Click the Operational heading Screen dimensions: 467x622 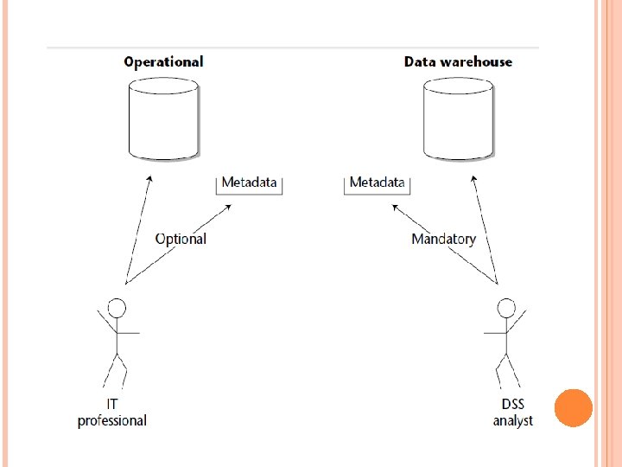pyautogui.click(x=163, y=62)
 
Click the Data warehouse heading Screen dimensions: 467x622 pyautogui.click(x=458, y=62)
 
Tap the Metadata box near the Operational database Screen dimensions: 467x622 pyautogui.click(x=249, y=182)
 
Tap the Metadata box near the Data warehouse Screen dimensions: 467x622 pyautogui.click(x=377, y=182)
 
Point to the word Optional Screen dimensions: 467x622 pyautogui.click(x=181, y=239)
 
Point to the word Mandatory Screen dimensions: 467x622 pyautogui.click(x=443, y=239)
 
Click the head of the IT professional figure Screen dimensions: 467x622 pyautogui.click(x=117, y=307)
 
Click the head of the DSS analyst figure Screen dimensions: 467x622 pyautogui.click(x=506, y=307)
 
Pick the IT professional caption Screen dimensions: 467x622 pyautogui.click(x=112, y=413)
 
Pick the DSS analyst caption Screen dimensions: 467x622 pyautogui.click(x=513, y=413)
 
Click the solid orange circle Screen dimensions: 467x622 pyautogui.click(x=573, y=407)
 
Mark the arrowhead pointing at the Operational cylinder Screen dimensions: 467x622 pyautogui.click(x=150, y=179)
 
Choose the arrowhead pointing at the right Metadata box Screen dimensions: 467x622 pyautogui.click(x=394, y=208)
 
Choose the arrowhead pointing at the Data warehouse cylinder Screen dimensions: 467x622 pyautogui.click(x=473, y=179)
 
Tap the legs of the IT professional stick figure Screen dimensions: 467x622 pyautogui.click(x=116, y=370)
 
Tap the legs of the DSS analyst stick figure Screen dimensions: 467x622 pyautogui.click(x=508, y=370)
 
